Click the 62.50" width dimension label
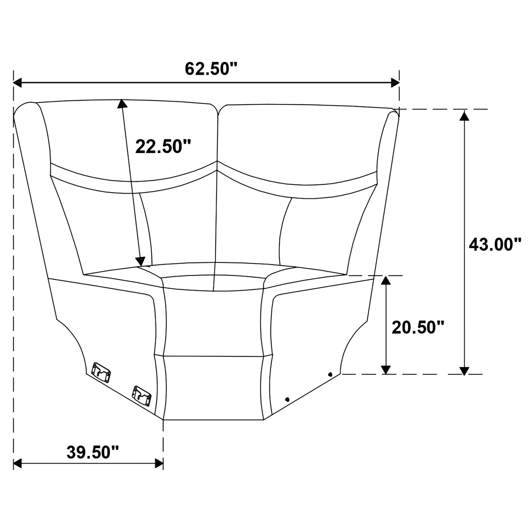click(x=211, y=68)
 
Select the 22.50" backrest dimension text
click(x=163, y=147)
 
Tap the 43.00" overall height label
click(x=495, y=244)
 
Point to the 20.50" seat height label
click(x=418, y=327)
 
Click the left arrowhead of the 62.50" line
click(x=18, y=83)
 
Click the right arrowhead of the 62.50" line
click(x=395, y=83)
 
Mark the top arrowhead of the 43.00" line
click(x=465, y=115)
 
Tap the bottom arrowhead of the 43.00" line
click(x=465, y=370)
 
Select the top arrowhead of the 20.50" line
click(x=385, y=281)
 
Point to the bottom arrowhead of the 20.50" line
click(x=385, y=369)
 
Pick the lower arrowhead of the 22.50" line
click(x=140, y=261)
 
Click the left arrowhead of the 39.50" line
click(x=18, y=464)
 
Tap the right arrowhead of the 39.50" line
click(x=159, y=464)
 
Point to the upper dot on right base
click(x=330, y=374)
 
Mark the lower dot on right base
click(x=287, y=399)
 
